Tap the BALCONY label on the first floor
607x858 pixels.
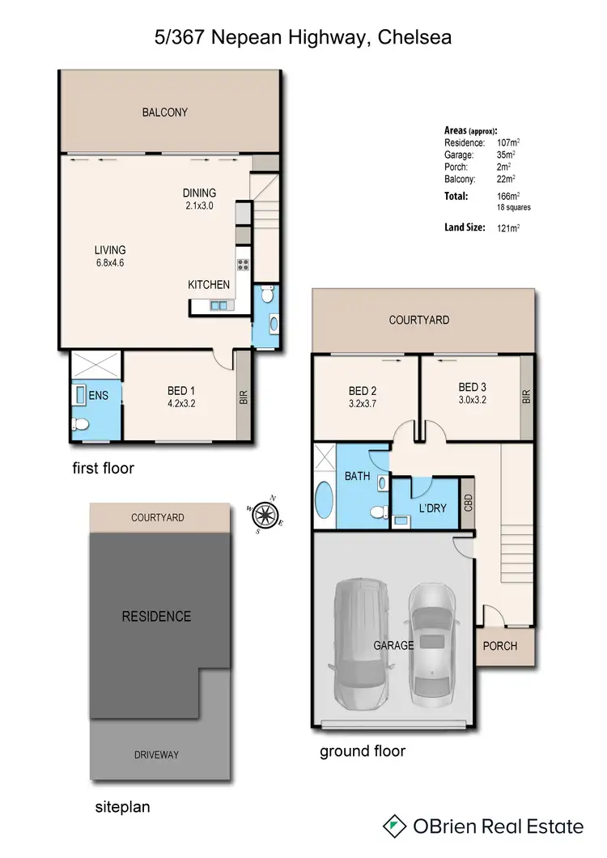click(164, 113)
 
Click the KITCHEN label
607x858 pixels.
click(209, 285)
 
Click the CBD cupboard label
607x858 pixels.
click(467, 502)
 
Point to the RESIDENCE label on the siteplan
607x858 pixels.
click(156, 616)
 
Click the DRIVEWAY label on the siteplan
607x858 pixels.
click(156, 754)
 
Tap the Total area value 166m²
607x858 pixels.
click(508, 196)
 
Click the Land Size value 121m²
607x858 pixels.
click(508, 228)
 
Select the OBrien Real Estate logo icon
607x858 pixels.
click(394, 826)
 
